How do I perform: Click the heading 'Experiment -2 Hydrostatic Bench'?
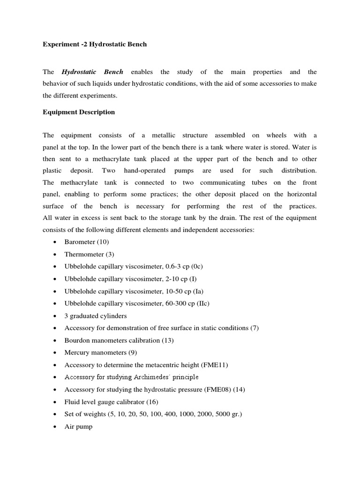[x=95, y=45]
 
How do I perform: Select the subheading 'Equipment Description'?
[x=79, y=112]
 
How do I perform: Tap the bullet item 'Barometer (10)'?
[x=87, y=242]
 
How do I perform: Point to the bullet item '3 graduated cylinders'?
[x=96, y=316]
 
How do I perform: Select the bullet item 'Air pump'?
[x=78, y=427]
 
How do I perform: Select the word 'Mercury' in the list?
[x=76, y=352]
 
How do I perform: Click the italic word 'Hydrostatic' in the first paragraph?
[x=79, y=72]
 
